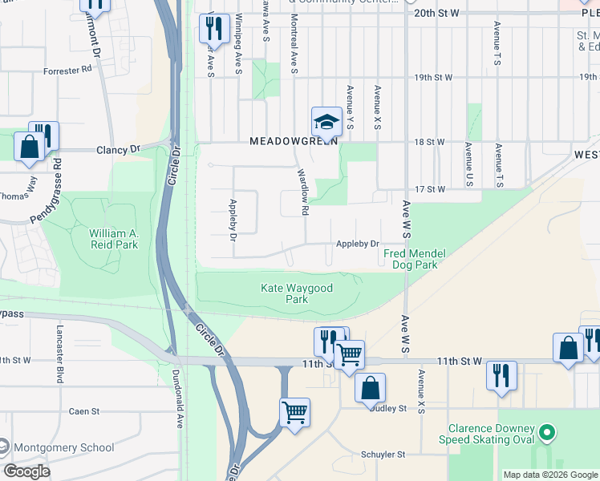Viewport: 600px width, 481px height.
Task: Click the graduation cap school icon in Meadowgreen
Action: (x=326, y=122)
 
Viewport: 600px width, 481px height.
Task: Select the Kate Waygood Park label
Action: (x=297, y=293)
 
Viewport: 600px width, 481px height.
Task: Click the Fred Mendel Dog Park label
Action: (x=414, y=259)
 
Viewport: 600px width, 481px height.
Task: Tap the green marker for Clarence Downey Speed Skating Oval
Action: (x=547, y=434)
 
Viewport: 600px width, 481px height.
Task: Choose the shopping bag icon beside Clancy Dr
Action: (x=29, y=148)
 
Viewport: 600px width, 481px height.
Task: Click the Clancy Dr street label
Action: (x=118, y=149)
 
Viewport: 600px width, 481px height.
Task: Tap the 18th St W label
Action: (x=429, y=142)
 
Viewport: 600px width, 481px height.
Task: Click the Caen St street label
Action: (x=83, y=411)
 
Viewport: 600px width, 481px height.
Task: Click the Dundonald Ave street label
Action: (x=178, y=393)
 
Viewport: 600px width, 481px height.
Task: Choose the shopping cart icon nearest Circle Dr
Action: (x=294, y=413)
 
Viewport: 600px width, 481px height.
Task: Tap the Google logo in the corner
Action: (x=27, y=471)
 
